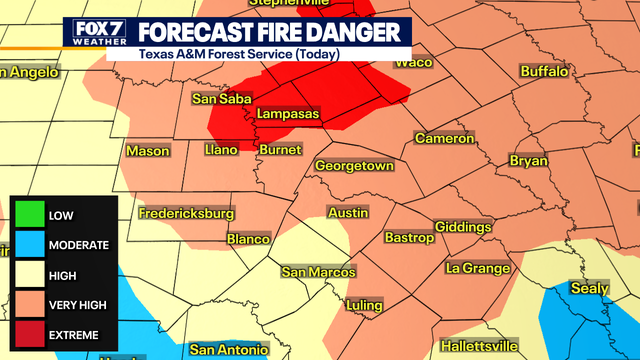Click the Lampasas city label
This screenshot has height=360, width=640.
click(288, 115)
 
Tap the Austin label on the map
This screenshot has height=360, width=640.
click(348, 213)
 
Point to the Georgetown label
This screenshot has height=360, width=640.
click(354, 166)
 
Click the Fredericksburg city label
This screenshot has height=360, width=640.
click(186, 213)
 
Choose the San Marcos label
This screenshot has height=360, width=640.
click(318, 272)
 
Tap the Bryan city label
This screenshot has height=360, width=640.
click(529, 160)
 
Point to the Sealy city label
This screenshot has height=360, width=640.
click(589, 288)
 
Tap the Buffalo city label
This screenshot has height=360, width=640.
click(544, 72)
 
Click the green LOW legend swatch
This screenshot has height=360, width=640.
click(31, 215)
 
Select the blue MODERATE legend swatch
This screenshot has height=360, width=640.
click(31, 245)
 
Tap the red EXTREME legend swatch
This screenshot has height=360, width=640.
click(31, 334)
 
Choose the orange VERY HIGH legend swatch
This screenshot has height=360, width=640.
click(31, 304)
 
